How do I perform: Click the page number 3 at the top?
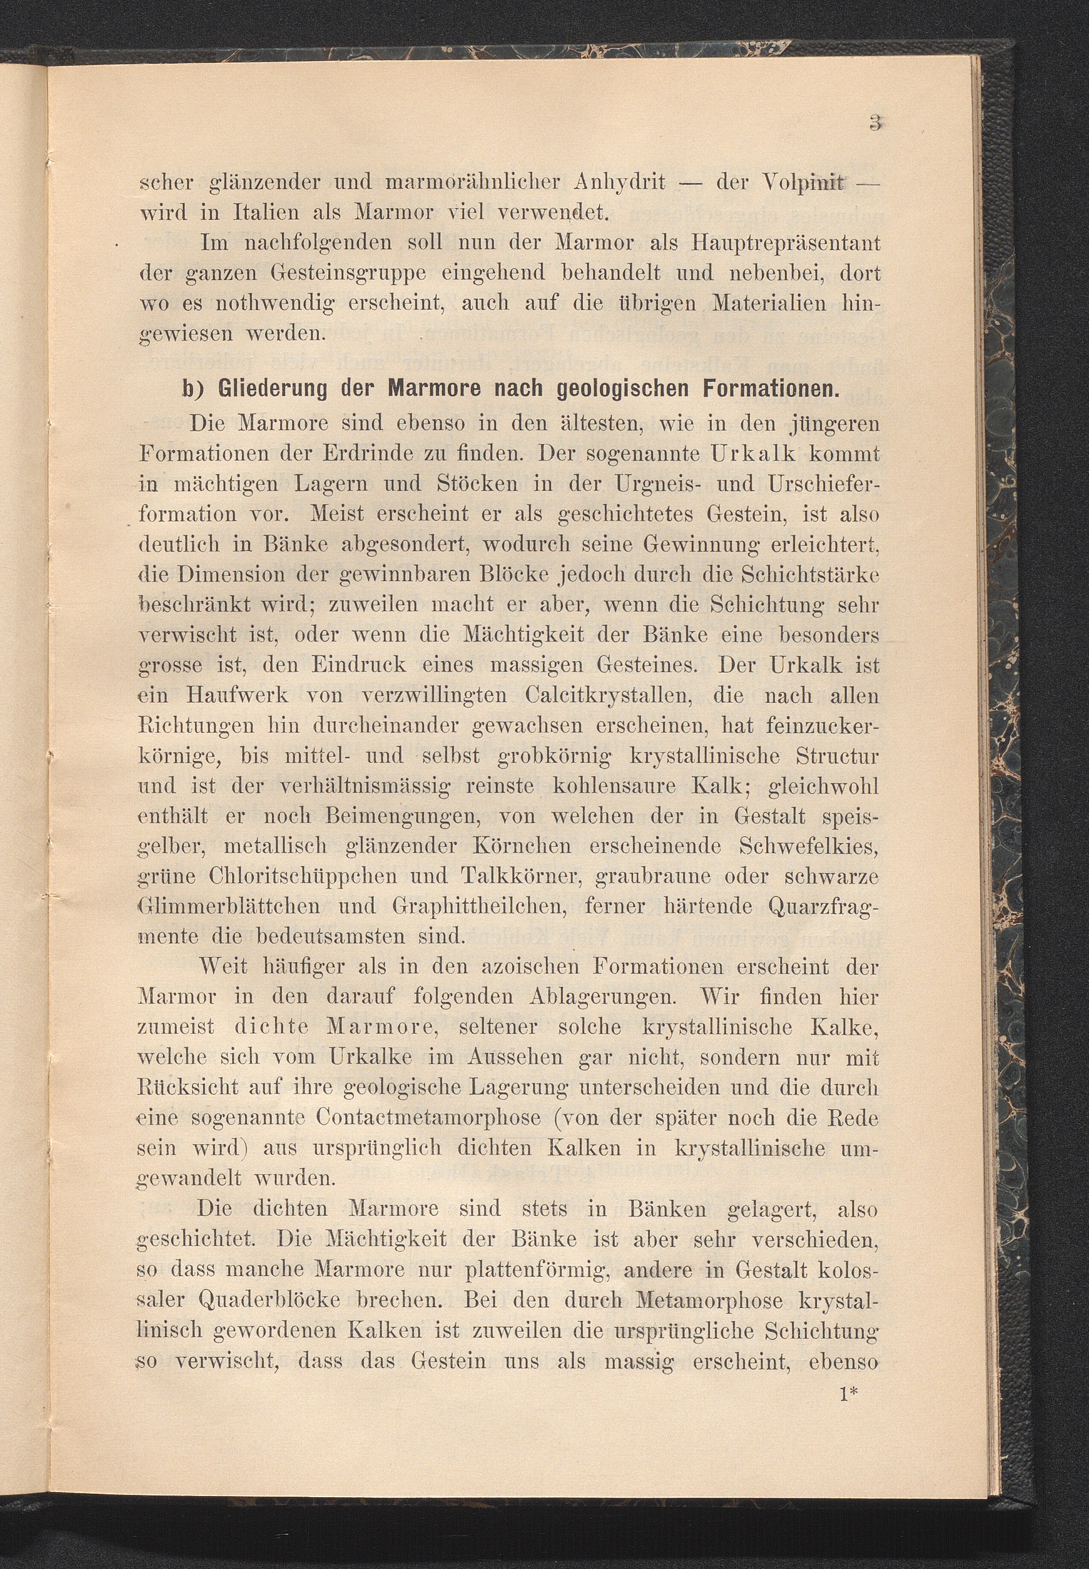pyautogui.click(x=875, y=123)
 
